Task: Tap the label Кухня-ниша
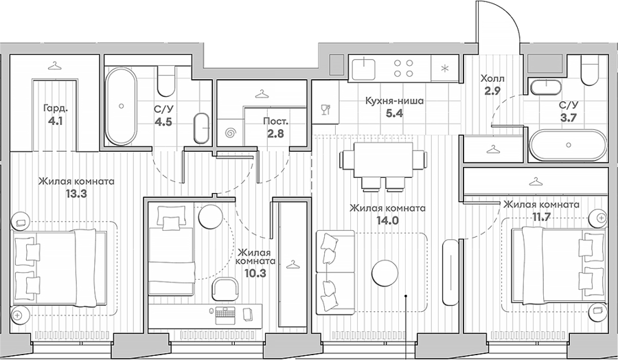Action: tap(394, 101)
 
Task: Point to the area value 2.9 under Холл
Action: tap(492, 91)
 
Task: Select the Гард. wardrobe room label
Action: tap(53, 108)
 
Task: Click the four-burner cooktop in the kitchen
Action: tap(404, 67)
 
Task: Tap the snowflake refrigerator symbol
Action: tap(444, 68)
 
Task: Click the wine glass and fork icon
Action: tap(325, 109)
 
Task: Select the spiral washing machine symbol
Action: tap(230, 133)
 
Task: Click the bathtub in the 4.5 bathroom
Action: tap(121, 106)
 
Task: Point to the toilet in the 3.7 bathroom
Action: tap(590, 70)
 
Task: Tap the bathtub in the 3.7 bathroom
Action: tap(568, 145)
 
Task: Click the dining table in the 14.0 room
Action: tap(383, 161)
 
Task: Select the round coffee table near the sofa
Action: tap(385, 273)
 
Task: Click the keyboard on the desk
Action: tap(225, 315)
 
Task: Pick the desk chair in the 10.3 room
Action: tap(225, 290)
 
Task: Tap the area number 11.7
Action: tap(541, 217)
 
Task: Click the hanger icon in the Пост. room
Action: tap(260, 94)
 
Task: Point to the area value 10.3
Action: tap(256, 273)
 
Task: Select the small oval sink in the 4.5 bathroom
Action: tap(202, 128)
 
